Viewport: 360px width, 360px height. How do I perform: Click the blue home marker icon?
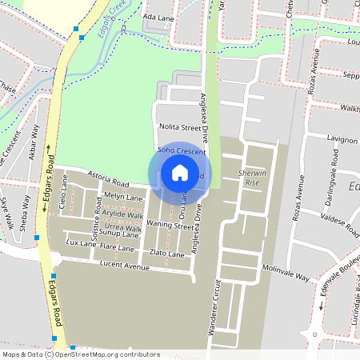point(180,173)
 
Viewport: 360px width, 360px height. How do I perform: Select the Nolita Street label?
point(178,126)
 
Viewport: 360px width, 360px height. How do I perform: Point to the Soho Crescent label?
point(182,150)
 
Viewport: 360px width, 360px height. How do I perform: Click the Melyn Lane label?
point(123,196)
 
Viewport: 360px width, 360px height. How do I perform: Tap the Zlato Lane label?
point(166,254)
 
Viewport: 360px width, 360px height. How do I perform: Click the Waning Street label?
point(170,226)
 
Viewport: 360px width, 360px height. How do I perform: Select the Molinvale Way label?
point(286,274)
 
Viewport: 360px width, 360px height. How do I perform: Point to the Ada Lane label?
point(158,16)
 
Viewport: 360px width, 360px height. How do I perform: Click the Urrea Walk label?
point(122,228)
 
